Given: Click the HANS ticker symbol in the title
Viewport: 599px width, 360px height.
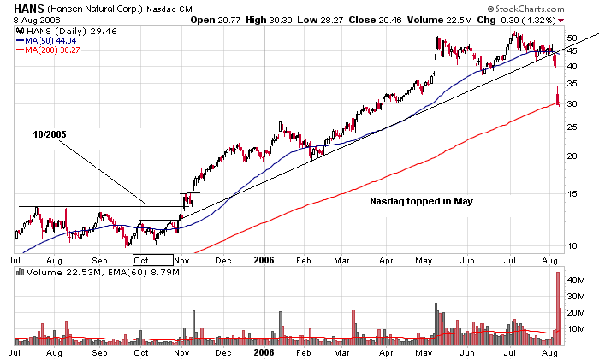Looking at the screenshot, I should (x=27, y=7).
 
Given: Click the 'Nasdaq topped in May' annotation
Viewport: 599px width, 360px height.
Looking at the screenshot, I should (x=421, y=202).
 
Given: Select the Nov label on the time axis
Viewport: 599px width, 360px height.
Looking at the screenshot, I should (x=181, y=256).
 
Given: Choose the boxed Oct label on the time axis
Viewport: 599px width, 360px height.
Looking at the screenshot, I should (x=142, y=256).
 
